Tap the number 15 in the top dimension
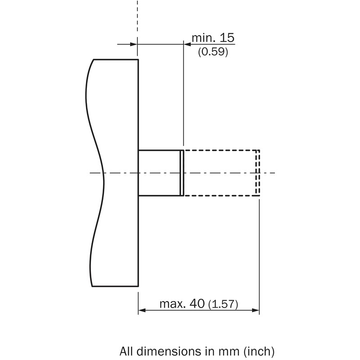[x=227, y=38]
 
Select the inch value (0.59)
[x=213, y=52]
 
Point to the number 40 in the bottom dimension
[x=197, y=303]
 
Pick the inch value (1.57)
[x=223, y=304]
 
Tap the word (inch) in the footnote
[x=259, y=351]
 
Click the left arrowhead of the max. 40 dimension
[x=142, y=310]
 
